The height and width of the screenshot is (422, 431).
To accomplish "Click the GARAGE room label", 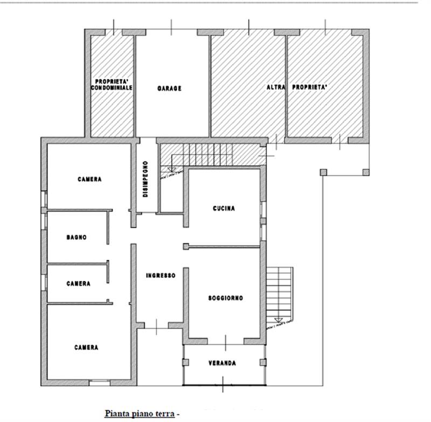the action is [169, 89].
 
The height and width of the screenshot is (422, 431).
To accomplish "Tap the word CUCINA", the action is [224, 208].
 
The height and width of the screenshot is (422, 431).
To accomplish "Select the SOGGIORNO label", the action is [226, 298].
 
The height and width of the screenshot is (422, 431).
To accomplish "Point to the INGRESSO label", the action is [161, 276].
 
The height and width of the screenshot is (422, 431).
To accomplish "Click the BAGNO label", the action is [77, 237].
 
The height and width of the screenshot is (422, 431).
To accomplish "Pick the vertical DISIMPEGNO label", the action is [145, 179].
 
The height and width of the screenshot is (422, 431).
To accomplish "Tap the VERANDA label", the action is [223, 363].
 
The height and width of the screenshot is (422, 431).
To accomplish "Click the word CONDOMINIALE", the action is [112, 87].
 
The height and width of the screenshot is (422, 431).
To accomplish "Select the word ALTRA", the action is [276, 87].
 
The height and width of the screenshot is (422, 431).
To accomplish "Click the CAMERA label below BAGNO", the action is [78, 283].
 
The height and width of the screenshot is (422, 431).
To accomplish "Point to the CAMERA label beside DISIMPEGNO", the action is [89, 179].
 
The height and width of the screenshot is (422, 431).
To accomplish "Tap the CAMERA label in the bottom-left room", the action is [86, 348].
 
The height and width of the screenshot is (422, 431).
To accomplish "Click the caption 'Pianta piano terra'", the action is [140, 413].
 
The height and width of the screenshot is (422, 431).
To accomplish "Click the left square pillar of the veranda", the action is [186, 362].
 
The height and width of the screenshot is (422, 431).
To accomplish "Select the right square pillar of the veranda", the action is [263, 362].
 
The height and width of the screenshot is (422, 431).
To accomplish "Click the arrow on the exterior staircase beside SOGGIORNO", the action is [279, 320].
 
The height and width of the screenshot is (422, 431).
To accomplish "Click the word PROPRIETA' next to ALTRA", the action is [310, 87].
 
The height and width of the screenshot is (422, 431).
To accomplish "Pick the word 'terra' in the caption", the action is [164, 413].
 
